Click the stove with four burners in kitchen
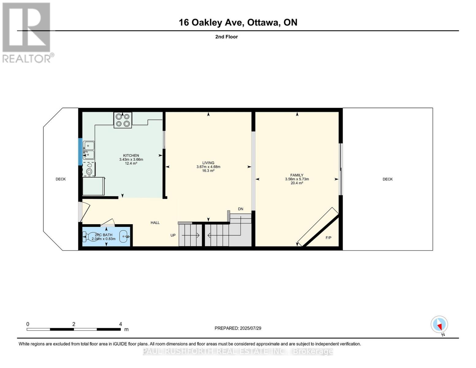(123, 120)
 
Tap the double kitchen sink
(89, 150)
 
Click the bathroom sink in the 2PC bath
(124, 236)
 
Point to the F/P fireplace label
(328, 238)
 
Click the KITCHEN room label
(131, 155)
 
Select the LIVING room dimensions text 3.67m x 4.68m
(208, 167)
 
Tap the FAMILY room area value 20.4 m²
(297, 183)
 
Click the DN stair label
(241, 209)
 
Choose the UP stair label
(173, 235)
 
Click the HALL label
(155, 223)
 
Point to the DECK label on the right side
(387, 179)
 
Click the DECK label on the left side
(61, 179)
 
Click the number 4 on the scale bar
(120, 324)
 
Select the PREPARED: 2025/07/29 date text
(238, 328)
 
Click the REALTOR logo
(27, 32)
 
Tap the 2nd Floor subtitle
(226, 37)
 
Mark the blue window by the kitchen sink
(80, 152)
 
